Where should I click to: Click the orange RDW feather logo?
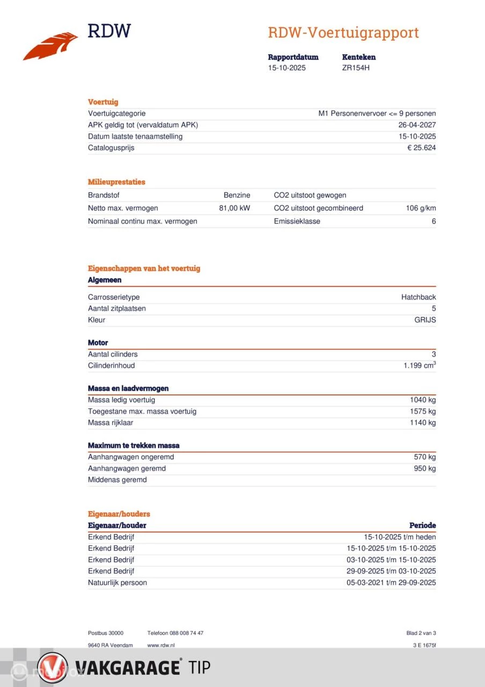coord(51,46)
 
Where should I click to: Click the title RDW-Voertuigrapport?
coord(343,33)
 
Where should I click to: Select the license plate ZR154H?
coord(356,68)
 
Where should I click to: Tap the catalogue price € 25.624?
coord(421,148)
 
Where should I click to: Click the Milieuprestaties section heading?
coord(116,182)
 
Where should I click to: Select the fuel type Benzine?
coord(237,195)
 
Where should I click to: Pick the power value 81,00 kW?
coord(234,208)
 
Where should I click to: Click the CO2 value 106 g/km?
coord(421,208)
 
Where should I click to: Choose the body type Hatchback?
coord(418,297)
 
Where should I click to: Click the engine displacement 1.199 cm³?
coord(420,366)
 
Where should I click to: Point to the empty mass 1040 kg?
coord(423,400)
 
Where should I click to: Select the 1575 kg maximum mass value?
coord(423,412)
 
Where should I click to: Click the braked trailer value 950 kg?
coord(424,469)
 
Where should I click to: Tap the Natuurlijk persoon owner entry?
coord(117,583)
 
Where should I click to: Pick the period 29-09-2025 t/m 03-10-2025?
coord(391,571)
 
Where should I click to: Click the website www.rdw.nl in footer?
coord(161,645)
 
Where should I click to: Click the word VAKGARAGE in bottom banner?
coord(126,668)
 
